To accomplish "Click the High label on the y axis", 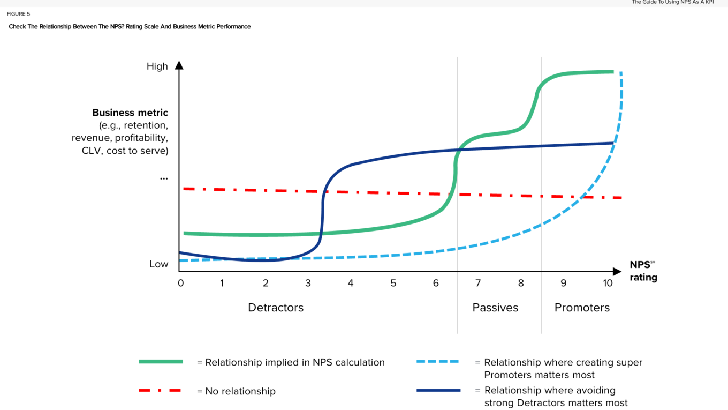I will pyautogui.click(x=157, y=66).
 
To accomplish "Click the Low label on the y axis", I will pyautogui.click(x=158, y=264).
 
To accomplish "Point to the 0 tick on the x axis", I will pyautogui.click(x=180, y=282).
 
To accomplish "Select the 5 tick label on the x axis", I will pyautogui.click(x=393, y=282).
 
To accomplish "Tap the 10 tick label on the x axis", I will pyautogui.click(x=608, y=282).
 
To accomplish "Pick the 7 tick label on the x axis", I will pyautogui.click(x=478, y=282).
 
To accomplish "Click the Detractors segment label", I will pyautogui.click(x=276, y=308).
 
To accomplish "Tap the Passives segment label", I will pyautogui.click(x=495, y=308).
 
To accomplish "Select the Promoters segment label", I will pyautogui.click(x=582, y=308).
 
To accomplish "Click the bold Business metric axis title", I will pyautogui.click(x=130, y=113).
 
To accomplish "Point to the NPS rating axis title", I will pyautogui.click(x=643, y=271).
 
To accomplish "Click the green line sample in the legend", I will pyautogui.click(x=161, y=362).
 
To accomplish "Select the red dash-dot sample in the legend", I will pyautogui.click(x=161, y=391).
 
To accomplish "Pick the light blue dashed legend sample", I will pyautogui.click(x=438, y=362).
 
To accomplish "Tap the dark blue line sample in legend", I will pyautogui.click(x=438, y=390).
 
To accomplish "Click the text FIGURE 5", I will pyautogui.click(x=19, y=14).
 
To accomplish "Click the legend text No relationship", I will pyautogui.click(x=240, y=391).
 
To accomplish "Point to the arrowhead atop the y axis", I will pyautogui.click(x=179, y=65).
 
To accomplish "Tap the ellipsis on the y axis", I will pyautogui.click(x=164, y=178).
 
